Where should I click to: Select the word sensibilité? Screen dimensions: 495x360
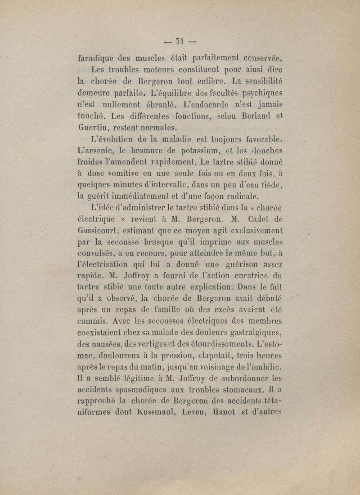257,81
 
